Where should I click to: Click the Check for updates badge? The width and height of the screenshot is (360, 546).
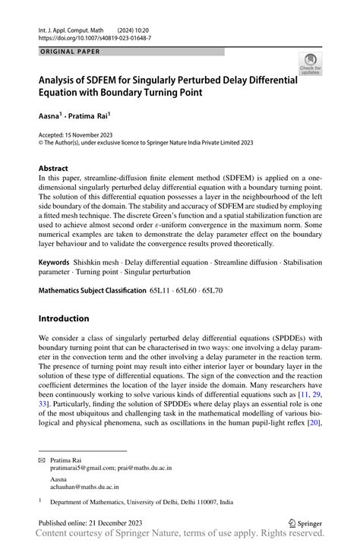(x=310, y=65)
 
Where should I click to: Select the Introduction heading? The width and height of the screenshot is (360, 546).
(x=65, y=318)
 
